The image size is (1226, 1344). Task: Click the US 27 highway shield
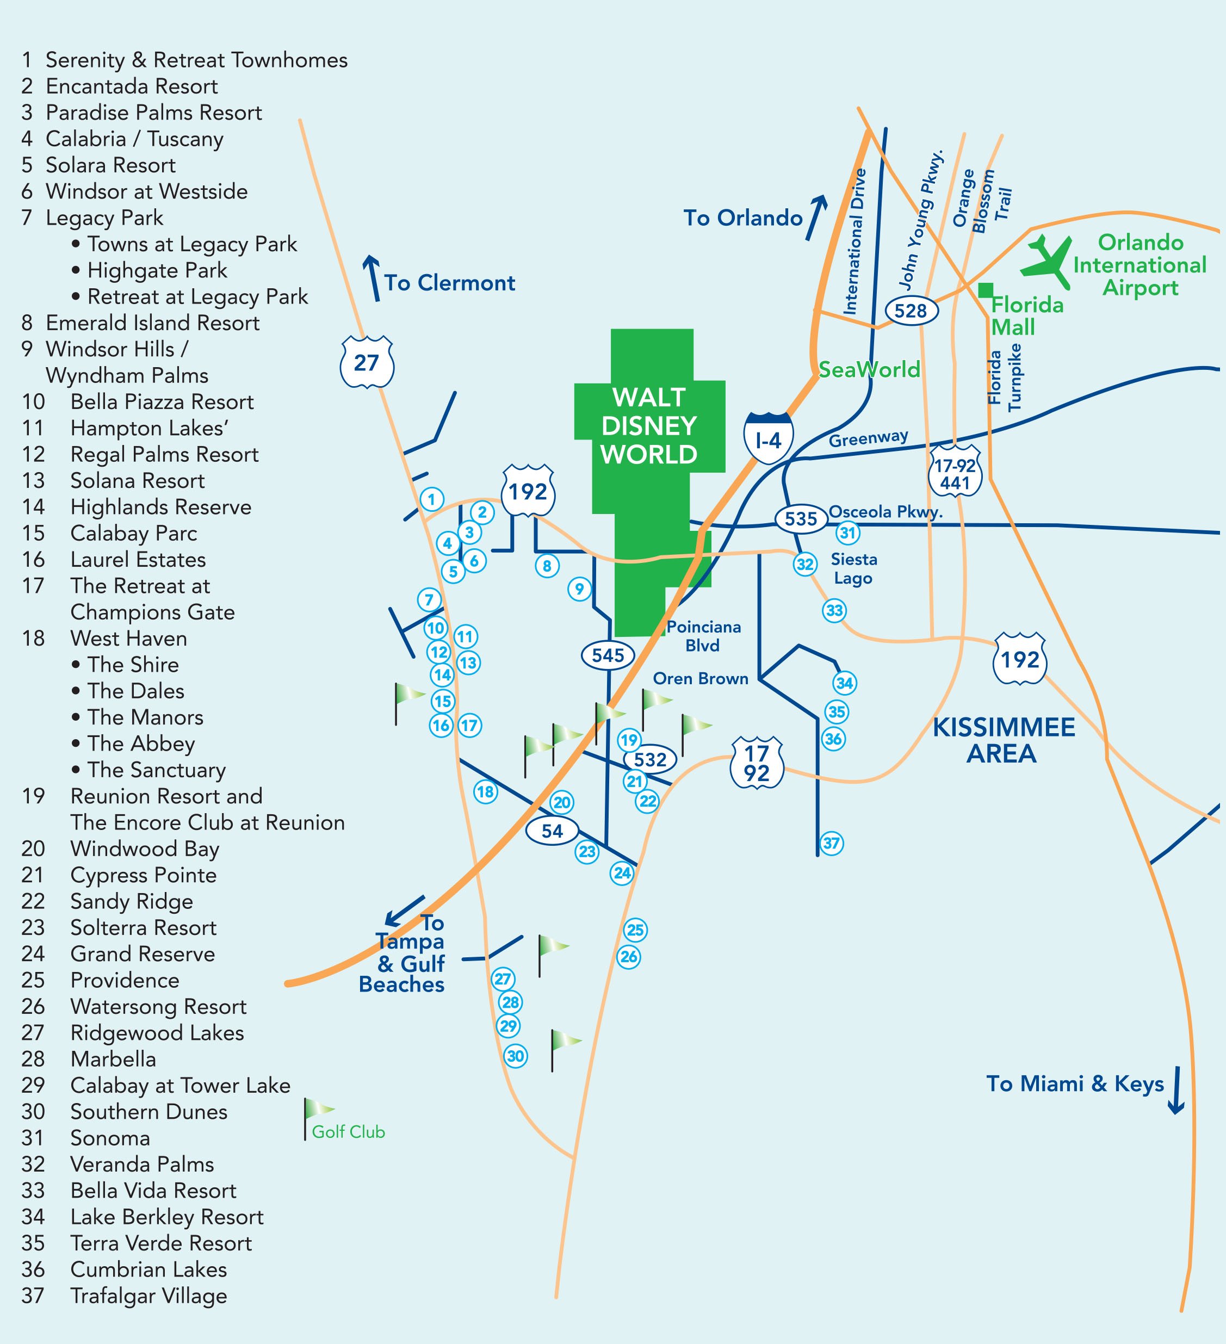pyautogui.click(x=367, y=363)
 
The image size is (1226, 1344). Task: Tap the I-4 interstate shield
pyautogui.click(x=768, y=438)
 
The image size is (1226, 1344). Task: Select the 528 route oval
pyautogui.click(x=911, y=311)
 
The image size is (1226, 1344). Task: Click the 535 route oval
pyautogui.click(x=801, y=519)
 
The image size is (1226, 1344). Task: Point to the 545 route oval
pyautogui.click(x=608, y=655)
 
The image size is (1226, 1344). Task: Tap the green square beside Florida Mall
pyautogui.click(x=986, y=290)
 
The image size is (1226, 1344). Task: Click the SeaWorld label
pyautogui.click(x=869, y=369)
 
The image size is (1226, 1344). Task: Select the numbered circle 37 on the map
pyautogui.click(x=831, y=844)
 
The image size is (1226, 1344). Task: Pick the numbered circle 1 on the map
pyautogui.click(x=432, y=499)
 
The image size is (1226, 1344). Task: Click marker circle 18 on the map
pyautogui.click(x=485, y=792)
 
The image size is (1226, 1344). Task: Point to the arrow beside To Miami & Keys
pyautogui.click(x=1176, y=1091)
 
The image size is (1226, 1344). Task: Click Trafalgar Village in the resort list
pyautogui.click(x=148, y=1296)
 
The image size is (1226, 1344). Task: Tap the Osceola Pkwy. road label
pyautogui.click(x=886, y=512)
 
